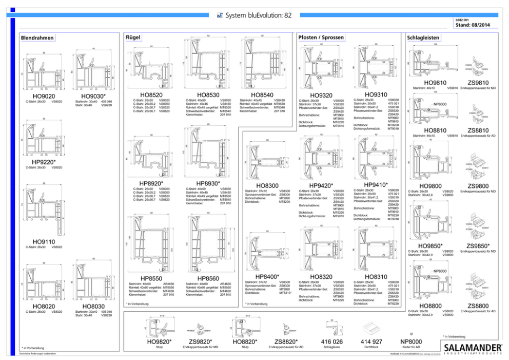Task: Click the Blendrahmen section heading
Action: [x=37, y=38]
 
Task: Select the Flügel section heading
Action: [x=133, y=37]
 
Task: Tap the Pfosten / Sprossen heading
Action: [x=321, y=37]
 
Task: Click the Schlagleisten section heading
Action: [x=423, y=38]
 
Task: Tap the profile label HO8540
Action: [x=256, y=95]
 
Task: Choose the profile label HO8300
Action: [x=267, y=185]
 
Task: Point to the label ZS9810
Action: [x=478, y=82]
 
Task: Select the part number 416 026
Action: [x=331, y=342]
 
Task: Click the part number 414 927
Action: [x=371, y=342]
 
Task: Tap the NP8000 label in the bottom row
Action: [x=411, y=342]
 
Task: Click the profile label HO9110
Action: [x=44, y=241]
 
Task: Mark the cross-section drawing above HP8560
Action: [x=207, y=244]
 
